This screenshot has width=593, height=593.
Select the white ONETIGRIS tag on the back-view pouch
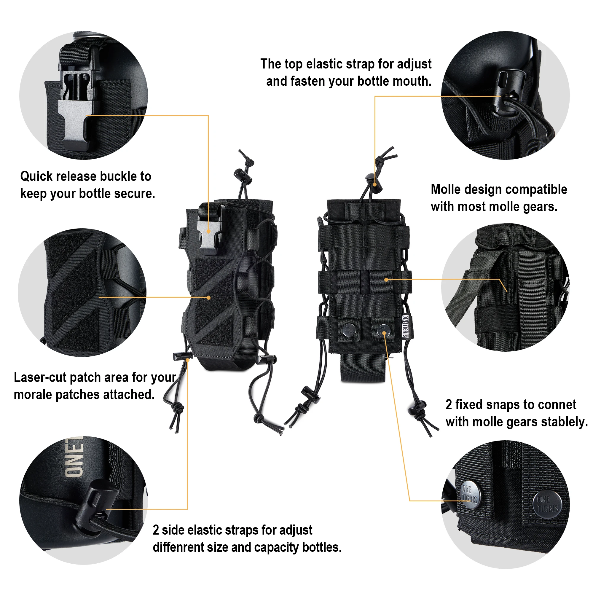pos(405,326)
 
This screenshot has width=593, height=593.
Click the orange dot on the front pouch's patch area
pos(209,298)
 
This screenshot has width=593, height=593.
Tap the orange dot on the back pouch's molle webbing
pos(386,280)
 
